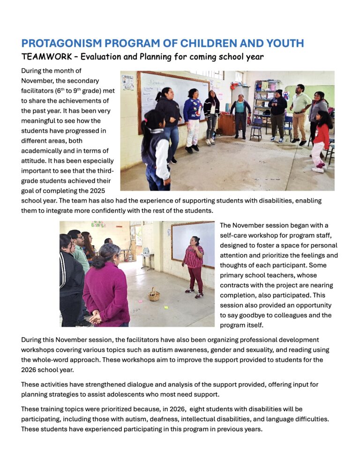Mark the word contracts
point(237,285)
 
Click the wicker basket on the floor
point(154,295)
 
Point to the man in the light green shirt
point(300,113)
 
